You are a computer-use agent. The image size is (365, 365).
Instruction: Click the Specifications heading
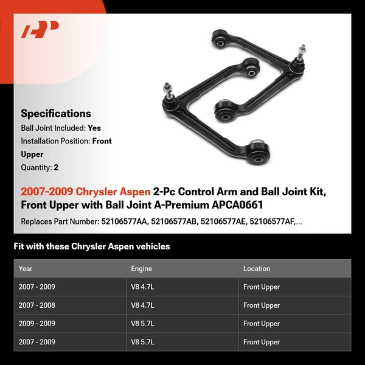pyautogui.click(x=56, y=113)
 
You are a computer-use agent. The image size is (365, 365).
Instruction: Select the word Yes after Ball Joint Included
pyautogui.click(x=94, y=128)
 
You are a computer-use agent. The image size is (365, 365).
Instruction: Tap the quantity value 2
pyautogui.click(x=56, y=167)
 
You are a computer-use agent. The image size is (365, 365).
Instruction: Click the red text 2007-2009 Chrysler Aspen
pyautogui.click(x=85, y=192)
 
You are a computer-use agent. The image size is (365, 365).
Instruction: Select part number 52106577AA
pyautogui.click(x=123, y=221)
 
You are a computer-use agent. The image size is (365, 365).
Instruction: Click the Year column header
pyautogui.click(x=26, y=268)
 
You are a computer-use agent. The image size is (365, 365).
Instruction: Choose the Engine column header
pyautogui.click(x=141, y=268)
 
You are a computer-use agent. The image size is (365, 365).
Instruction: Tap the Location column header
pyautogui.click(x=257, y=268)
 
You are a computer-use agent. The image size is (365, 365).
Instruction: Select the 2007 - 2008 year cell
pyautogui.click(x=37, y=305)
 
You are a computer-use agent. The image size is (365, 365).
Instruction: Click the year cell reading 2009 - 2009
pyautogui.click(x=37, y=324)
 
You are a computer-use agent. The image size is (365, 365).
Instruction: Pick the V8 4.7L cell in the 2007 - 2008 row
pyautogui.click(x=142, y=305)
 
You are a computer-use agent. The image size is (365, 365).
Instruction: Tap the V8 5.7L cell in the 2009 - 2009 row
pyautogui.click(x=142, y=324)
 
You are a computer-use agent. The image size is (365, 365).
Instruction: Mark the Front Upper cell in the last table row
pyautogui.click(x=261, y=342)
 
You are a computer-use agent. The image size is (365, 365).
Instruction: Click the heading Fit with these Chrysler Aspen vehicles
pyautogui.click(x=92, y=246)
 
